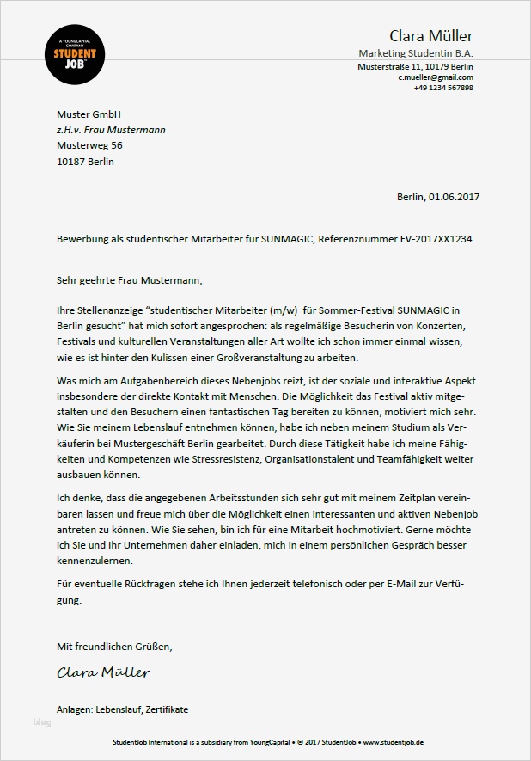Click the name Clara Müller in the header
(x=430, y=36)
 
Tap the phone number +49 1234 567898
(x=442, y=88)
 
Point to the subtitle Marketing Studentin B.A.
(x=415, y=53)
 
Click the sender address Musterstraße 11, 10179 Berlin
(x=415, y=66)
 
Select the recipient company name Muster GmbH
(x=88, y=114)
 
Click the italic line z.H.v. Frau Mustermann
(x=111, y=130)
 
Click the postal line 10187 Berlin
(x=85, y=161)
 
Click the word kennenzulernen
(x=95, y=560)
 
